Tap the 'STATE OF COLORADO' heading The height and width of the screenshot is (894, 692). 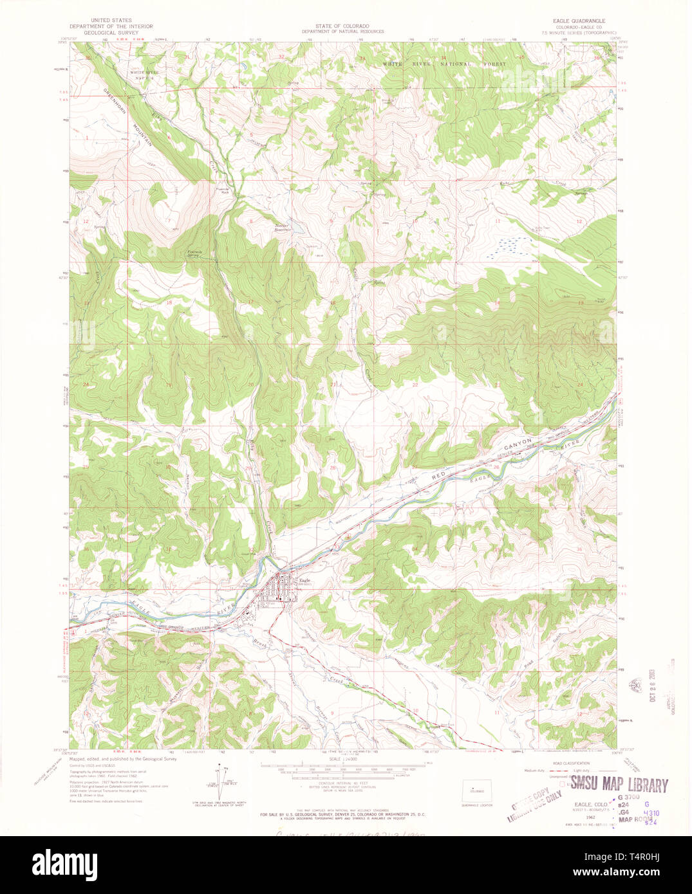click(342, 26)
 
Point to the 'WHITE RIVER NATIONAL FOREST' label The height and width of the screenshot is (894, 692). click(444, 64)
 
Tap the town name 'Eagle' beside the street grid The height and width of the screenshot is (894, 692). click(305, 581)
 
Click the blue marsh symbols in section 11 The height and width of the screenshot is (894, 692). click(509, 246)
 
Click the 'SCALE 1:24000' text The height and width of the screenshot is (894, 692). click(342, 759)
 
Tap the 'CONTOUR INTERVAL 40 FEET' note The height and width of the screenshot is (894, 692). click(342, 783)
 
